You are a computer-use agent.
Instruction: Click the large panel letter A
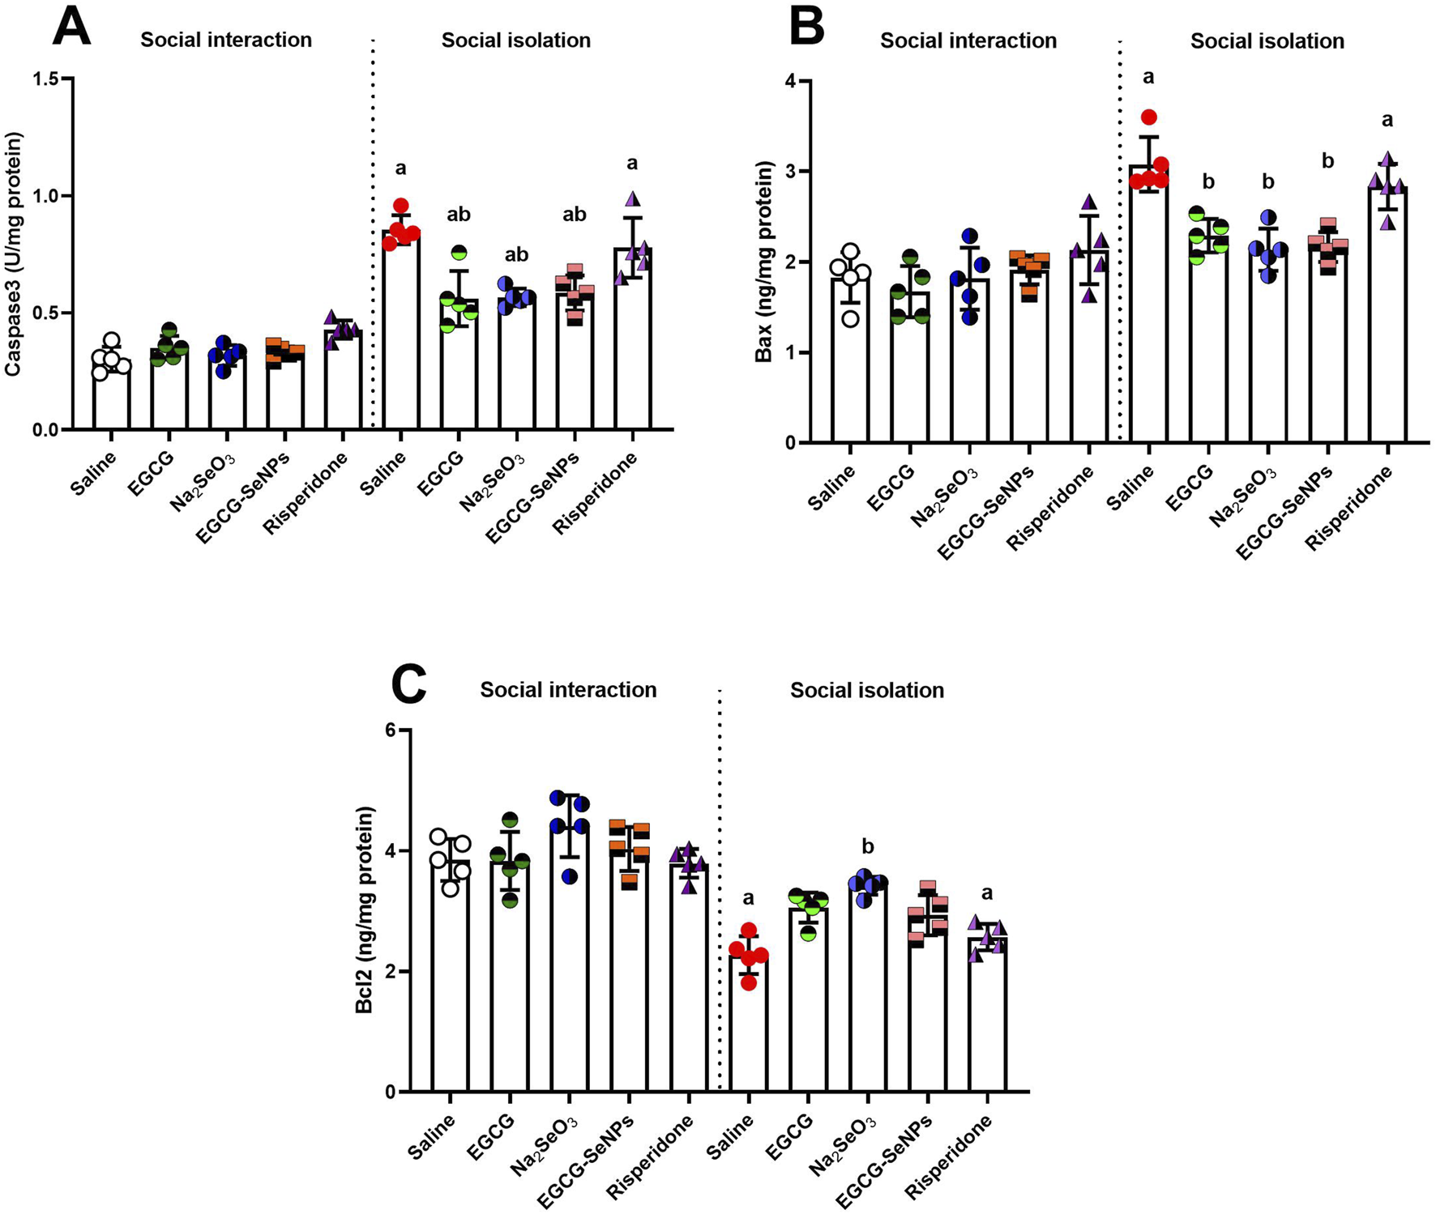[71, 26]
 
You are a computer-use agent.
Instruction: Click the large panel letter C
[408, 685]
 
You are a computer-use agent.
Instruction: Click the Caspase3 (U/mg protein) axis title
[14, 253]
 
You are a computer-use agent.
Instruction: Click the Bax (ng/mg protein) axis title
[763, 261]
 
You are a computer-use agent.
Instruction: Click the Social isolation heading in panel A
[515, 40]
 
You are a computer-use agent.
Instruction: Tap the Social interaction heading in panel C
[568, 690]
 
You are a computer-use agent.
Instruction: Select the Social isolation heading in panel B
[1267, 40]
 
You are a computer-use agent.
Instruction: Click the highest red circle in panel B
[1148, 117]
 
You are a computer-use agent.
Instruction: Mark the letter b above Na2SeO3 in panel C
[868, 847]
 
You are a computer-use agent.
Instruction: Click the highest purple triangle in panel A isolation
[632, 198]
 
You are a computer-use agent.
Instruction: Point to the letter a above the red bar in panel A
[400, 168]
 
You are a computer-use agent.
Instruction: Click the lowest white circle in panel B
[849, 317]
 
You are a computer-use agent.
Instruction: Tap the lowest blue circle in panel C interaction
[570, 876]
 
